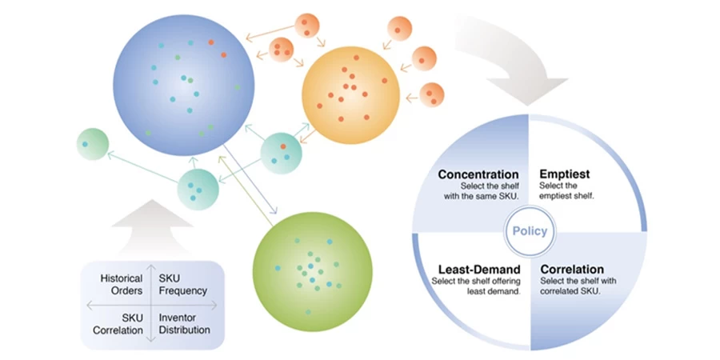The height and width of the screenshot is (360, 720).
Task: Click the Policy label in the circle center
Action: click(530, 232)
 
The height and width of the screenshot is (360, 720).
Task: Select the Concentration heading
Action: click(478, 174)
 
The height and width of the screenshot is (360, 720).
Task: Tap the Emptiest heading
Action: click(566, 174)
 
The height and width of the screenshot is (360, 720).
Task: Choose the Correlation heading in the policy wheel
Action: click(572, 270)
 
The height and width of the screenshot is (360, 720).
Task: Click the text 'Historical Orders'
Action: click(122, 284)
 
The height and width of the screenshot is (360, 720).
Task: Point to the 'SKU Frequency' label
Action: click(182, 284)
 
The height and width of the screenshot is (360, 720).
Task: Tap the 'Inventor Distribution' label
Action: click(185, 323)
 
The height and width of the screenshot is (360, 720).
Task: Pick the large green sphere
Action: click(311, 268)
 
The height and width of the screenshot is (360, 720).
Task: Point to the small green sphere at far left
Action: click(92, 144)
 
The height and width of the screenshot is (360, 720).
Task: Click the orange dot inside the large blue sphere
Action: click(211, 42)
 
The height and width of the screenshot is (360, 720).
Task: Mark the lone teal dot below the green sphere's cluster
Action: click(307, 310)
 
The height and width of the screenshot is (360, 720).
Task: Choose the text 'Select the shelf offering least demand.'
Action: click(476, 286)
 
